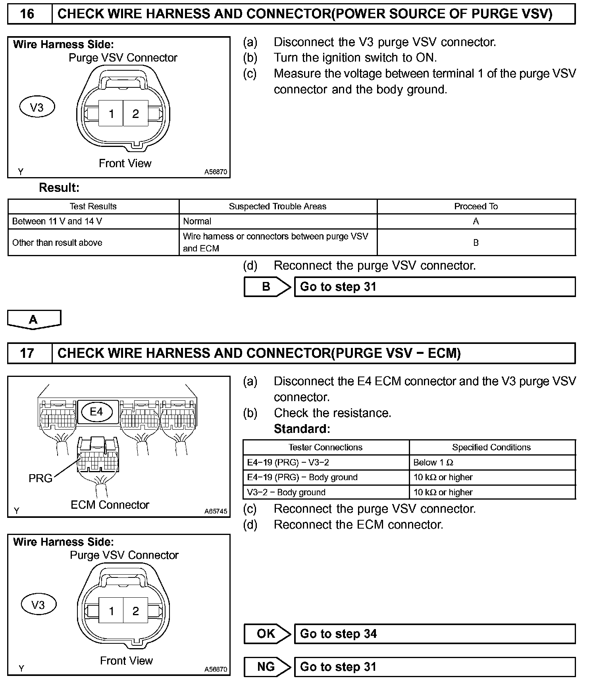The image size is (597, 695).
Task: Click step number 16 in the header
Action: click(27, 14)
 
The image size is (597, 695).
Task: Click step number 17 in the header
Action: click(27, 353)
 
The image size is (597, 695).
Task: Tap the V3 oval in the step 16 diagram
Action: click(37, 107)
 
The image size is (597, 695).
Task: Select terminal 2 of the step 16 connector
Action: click(135, 114)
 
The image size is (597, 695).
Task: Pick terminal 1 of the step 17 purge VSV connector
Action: click(112, 611)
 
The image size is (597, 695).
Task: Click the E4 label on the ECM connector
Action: click(96, 411)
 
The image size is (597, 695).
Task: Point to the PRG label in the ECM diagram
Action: click(40, 479)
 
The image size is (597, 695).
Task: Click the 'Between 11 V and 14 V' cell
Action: click(57, 221)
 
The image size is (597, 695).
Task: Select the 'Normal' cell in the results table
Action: click(197, 221)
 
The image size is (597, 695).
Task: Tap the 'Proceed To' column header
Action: click(476, 207)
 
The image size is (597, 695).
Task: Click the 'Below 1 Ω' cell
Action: click(433, 462)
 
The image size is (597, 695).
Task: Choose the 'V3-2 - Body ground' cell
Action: click(286, 492)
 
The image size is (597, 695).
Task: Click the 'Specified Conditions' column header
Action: click(491, 447)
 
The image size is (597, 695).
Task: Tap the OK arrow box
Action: click(266, 633)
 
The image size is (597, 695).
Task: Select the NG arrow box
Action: click(266, 666)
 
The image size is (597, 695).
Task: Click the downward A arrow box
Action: click(34, 319)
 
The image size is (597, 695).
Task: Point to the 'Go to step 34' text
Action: click(338, 633)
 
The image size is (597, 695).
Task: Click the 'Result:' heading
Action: click(59, 187)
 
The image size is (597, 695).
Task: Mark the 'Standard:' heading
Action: click(302, 429)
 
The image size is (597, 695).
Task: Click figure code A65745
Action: click(216, 511)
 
